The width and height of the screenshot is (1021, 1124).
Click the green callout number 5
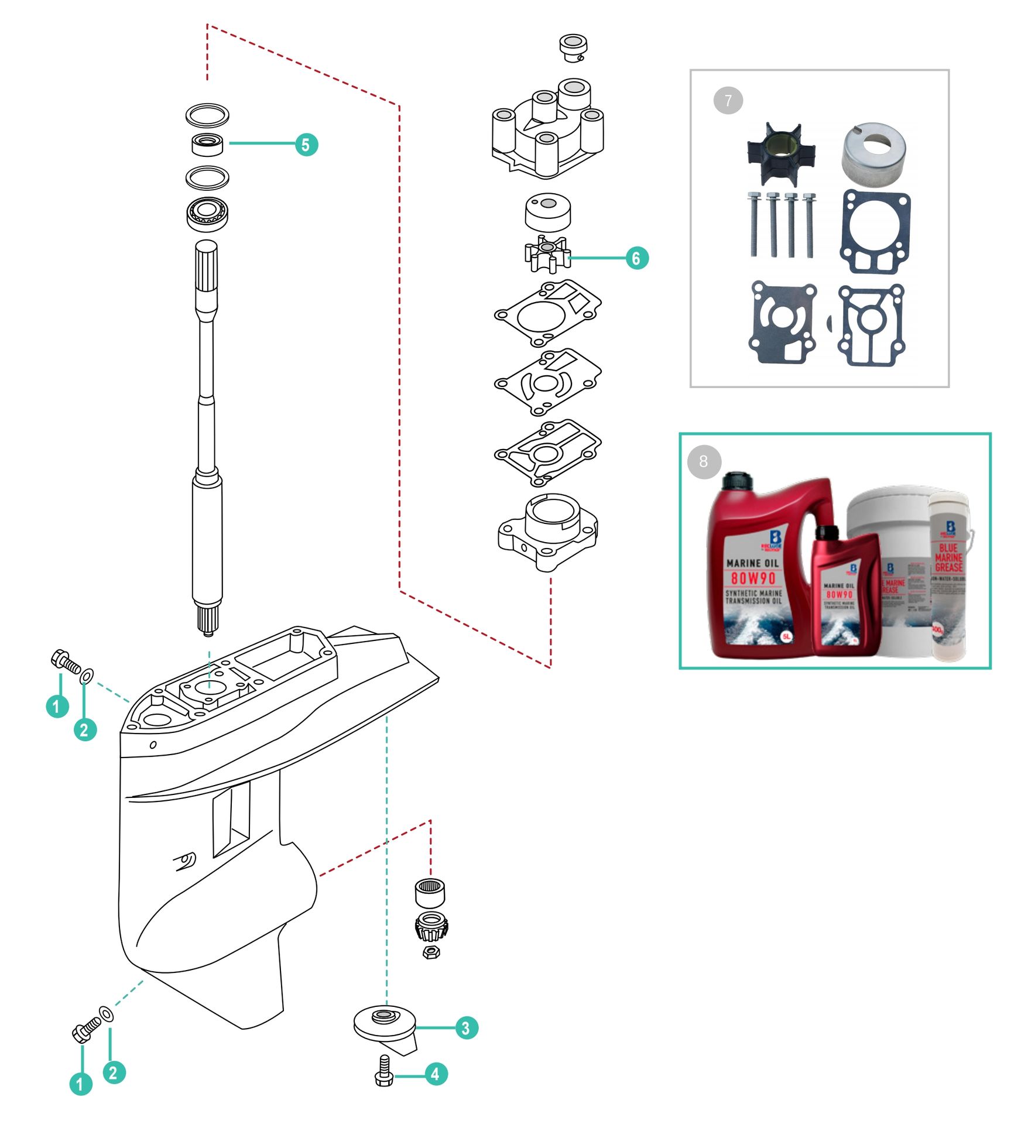click(x=306, y=144)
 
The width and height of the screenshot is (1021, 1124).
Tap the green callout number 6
click(x=636, y=258)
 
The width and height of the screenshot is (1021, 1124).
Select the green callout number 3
click(x=466, y=1028)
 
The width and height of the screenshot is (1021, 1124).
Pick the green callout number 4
click(x=435, y=1074)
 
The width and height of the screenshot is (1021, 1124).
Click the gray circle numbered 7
click(x=728, y=101)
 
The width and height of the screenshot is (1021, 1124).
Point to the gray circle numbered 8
click(x=704, y=461)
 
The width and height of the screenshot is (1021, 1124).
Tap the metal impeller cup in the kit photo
click(x=873, y=151)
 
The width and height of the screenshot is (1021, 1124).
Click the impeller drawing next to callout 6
click(x=547, y=253)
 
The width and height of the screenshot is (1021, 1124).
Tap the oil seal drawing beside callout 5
click(x=207, y=144)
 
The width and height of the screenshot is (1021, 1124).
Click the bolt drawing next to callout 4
click(x=384, y=1072)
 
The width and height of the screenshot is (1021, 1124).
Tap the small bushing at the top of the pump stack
click(x=573, y=47)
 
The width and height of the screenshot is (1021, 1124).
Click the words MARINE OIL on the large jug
click(x=752, y=563)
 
